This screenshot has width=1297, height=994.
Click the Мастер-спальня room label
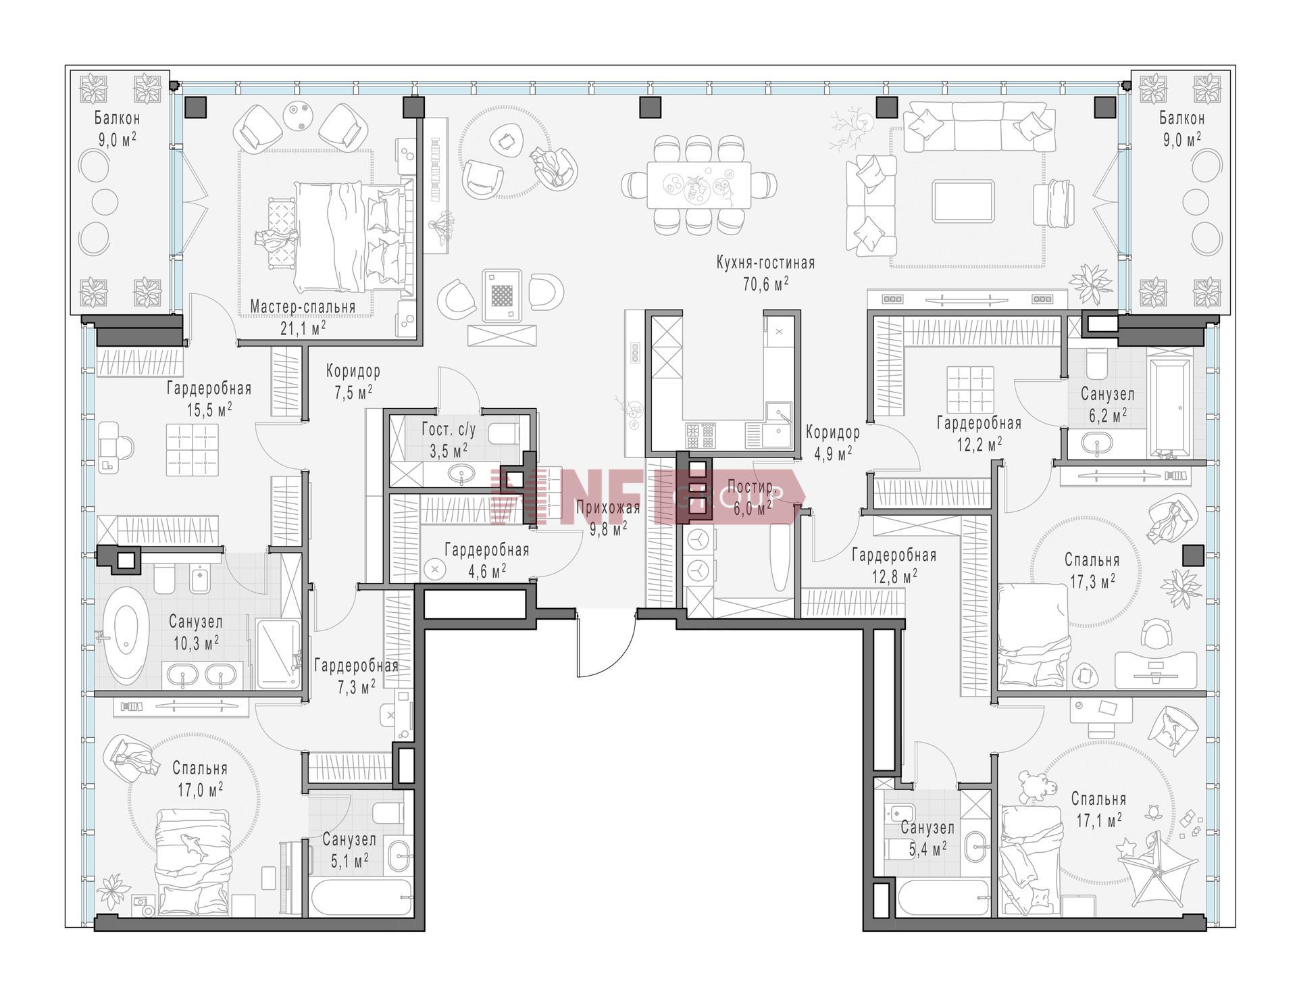(x=303, y=307)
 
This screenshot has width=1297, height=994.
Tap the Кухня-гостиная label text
(x=766, y=263)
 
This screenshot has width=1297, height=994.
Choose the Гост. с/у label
(x=449, y=430)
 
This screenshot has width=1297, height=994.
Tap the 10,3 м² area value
(x=196, y=642)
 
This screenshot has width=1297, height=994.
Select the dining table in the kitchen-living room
(x=699, y=184)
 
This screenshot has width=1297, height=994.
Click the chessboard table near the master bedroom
(x=501, y=295)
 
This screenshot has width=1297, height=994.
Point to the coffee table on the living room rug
(x=963, y=201)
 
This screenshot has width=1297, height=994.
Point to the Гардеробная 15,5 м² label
(x=209, y=399)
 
